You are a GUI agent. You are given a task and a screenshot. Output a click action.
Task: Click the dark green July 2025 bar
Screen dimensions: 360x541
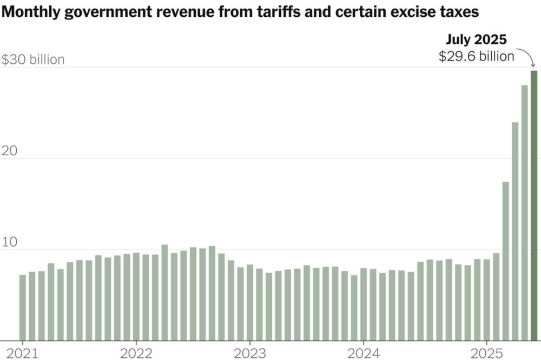tap(534, 205)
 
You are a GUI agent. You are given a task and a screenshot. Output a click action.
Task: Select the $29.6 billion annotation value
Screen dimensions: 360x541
tap(476, 56)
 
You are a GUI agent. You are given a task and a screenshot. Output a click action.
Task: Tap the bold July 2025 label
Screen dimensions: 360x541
tap(476, 39)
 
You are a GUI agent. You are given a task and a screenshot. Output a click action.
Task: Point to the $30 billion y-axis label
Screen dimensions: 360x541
tap(33, 59)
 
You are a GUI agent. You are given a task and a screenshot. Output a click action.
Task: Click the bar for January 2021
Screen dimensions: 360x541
tap(23, 308)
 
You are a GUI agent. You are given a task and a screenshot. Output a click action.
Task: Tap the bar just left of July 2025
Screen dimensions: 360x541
tap(524, 213)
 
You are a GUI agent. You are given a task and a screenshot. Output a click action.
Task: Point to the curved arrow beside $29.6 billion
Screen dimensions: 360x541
tap(526, 57)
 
